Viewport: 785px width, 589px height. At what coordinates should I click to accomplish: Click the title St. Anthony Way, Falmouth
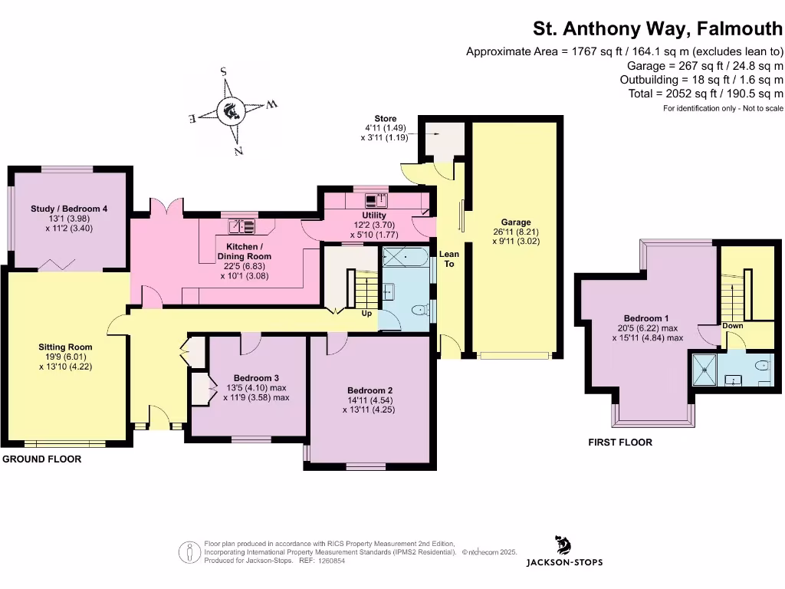point(658,29)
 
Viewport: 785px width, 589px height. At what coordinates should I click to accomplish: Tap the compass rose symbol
point(230,112)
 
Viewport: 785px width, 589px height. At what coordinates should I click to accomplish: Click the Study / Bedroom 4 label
point(69,209)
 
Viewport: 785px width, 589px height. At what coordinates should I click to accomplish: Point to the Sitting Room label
point(64,347)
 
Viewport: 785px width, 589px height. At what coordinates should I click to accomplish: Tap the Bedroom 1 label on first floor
point(642,318)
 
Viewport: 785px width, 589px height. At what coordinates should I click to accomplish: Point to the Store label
point(386,119)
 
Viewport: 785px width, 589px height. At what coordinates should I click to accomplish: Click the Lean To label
point(448,258)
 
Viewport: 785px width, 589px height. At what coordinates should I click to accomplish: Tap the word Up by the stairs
point(367,313)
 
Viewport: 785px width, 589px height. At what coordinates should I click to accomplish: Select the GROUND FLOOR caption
point(41,459)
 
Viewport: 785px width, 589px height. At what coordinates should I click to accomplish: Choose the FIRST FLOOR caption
point(620,443)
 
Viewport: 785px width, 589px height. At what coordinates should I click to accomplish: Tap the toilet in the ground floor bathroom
point(418,311)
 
